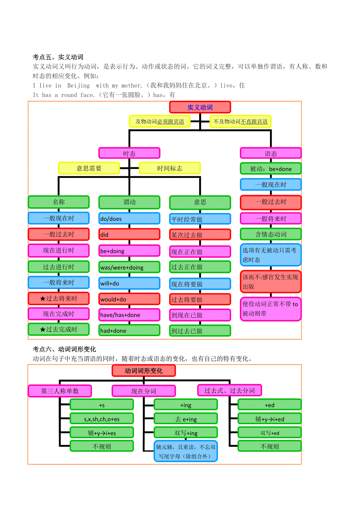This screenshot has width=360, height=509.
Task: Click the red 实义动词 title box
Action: coord(200,107)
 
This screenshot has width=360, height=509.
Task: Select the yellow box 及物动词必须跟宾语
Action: coord(160,122)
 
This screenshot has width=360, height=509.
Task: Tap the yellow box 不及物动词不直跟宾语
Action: coord(240,122)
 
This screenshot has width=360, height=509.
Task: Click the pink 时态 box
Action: coord(129,153)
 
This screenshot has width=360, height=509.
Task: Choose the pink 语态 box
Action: coord(270,153)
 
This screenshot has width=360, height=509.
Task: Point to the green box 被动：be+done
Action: coord(270,169)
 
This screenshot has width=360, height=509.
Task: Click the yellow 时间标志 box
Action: coord(169,168)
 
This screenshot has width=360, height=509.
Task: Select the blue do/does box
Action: coord(129,219)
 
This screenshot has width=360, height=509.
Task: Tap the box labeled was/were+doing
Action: coord(129,267)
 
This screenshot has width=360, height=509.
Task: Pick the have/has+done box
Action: coord(129,315)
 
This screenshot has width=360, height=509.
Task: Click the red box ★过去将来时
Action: coord(59,298)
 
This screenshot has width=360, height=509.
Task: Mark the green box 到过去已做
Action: coord(200,331)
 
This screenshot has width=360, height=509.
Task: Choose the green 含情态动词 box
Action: coord(270,234)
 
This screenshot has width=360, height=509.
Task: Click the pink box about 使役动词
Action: coord(270,308)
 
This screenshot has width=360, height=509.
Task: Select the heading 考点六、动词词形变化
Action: coord(65,349)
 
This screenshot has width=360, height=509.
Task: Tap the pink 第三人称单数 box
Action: coord(60,391)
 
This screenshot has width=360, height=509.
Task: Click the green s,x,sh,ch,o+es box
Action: coord(102,419)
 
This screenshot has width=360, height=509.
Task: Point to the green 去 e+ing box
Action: coord(185,419)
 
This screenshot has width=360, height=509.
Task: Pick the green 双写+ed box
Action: coord(270,433)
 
